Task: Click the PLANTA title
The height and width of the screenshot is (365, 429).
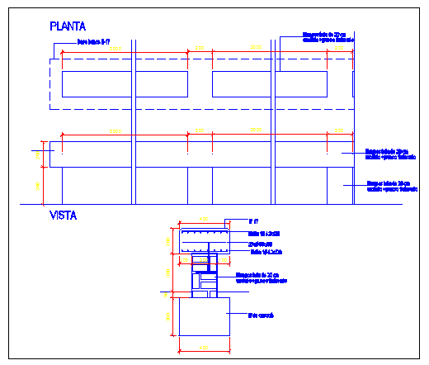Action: point(68,27)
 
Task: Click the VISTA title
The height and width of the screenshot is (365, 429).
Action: point(64,216)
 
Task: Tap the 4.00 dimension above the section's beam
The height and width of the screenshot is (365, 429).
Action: point(204,219)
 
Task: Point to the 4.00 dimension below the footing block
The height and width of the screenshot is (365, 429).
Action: point(204,349)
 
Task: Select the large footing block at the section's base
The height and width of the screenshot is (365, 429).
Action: point(204,316)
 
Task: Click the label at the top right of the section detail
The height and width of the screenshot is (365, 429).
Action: point(254,221)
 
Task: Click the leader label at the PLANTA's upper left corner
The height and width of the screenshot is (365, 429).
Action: point(93,40)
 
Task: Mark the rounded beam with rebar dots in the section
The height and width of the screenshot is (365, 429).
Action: point(204,240)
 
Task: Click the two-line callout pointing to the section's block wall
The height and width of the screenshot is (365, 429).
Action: point(261,277)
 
